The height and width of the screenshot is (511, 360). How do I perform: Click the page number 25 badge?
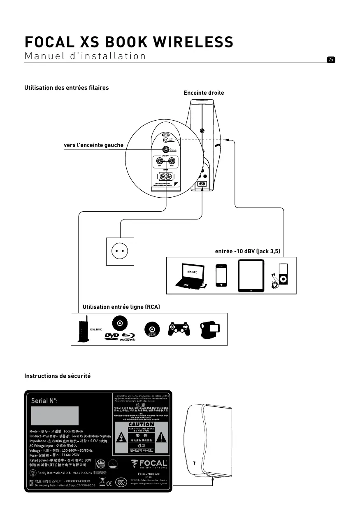(331, 60)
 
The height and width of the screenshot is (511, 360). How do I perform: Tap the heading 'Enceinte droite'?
(204, 93)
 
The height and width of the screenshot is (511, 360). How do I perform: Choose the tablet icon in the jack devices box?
(251, 275)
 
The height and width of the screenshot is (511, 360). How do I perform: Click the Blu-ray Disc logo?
(128, 337)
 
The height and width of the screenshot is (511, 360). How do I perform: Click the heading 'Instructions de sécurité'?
(57, 376)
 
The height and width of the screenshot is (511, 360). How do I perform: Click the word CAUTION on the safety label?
(141, 424)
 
